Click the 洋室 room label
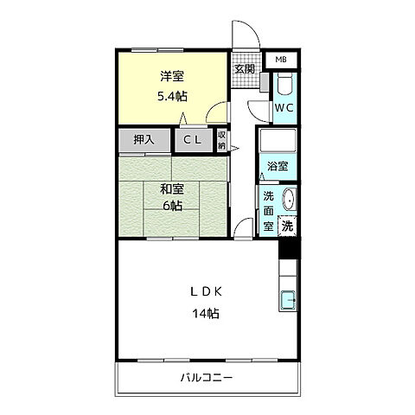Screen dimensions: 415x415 [170, 76]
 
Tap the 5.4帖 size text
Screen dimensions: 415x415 [171, 96]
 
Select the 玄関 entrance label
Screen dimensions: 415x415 [244, 68]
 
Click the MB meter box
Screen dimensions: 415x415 [280, 60]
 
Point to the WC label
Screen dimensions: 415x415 [284, 108]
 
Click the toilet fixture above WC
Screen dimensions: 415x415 [285, 86]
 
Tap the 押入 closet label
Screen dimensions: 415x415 [144, 138]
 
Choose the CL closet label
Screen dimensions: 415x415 [192, 138]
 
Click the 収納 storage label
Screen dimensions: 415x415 [221, 140]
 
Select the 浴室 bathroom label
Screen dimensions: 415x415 [278, 166]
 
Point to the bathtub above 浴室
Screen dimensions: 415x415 [278, 142]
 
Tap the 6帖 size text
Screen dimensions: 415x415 [169, 206]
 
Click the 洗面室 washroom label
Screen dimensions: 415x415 [269, 210]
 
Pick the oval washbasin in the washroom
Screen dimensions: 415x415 [289, 198]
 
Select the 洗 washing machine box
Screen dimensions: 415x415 [287, 226]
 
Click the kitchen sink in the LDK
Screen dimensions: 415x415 [288, 303]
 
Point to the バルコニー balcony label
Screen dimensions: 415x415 [207, 378]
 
